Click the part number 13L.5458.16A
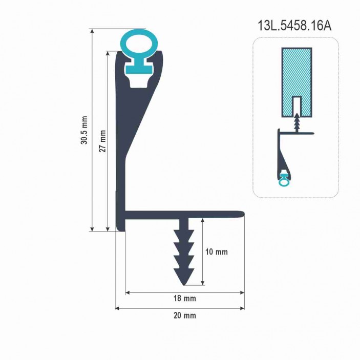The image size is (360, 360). (294, 26)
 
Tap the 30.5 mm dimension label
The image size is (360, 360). (84, 130)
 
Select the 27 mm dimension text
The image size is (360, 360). (102, 141)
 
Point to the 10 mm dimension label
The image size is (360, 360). (216, 252)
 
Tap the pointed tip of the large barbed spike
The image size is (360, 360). (184, 283)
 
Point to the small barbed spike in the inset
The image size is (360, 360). (297, 122)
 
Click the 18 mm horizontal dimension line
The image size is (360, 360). (154, 293)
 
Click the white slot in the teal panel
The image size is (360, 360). (297, 105)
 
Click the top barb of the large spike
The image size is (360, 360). (184, 236)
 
